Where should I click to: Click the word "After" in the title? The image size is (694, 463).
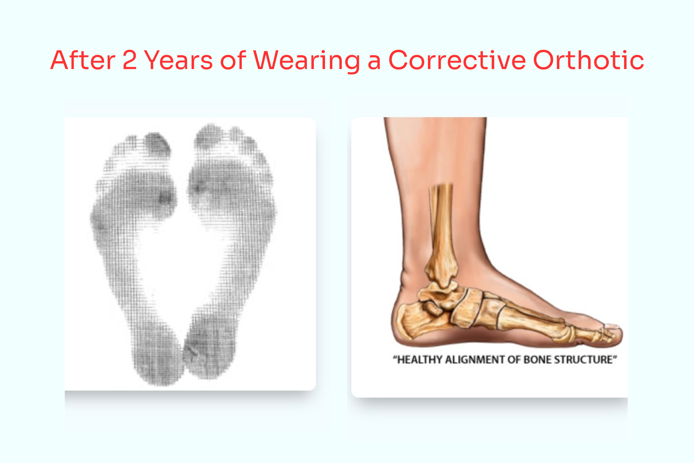click(x=83, y=60)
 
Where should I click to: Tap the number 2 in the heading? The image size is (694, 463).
click(x=130, y=60)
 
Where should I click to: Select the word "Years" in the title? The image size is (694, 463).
click(x=178, y=60)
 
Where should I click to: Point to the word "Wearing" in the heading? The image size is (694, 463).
click(x=307, y=61)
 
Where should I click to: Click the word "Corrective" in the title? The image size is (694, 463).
click(x=457, y=60)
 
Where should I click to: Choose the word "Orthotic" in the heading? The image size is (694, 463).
click(x=588, y=60)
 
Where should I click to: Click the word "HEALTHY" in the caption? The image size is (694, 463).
click(x=420, y=360)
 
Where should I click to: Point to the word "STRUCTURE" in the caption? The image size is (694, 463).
click(x=584, y=360)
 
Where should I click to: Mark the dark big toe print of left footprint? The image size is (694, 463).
click(x=157, y=144)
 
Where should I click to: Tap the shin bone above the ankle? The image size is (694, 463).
click(x=441, y=224)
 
